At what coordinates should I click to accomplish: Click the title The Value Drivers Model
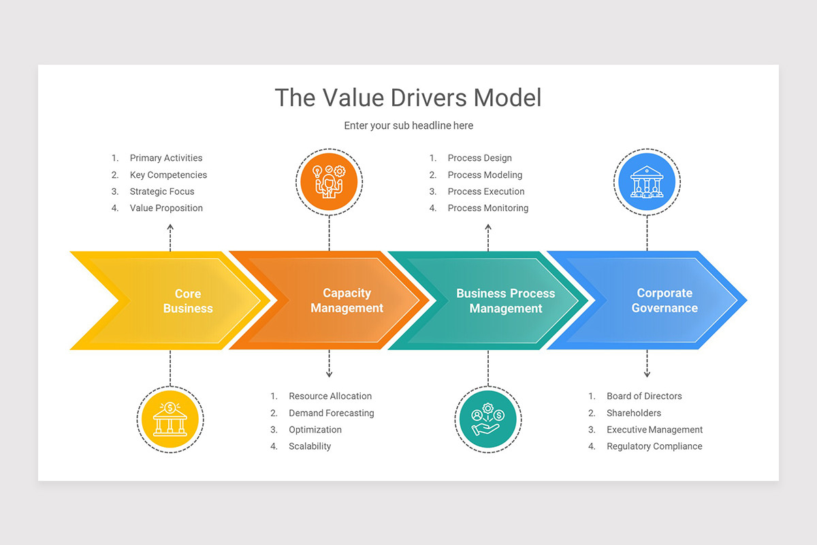[x=408, y=97]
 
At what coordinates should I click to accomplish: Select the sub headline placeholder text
[x=408, y=125]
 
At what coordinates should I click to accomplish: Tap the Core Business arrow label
[x=188, y=300]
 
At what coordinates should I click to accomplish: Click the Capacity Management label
[x=347, y=300]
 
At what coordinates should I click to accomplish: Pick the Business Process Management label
[x=505, y=300]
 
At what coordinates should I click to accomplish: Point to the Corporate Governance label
[x=664, y=300]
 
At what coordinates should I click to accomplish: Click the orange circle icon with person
[x=329, y=181]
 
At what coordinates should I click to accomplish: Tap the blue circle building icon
[x=647, y=181]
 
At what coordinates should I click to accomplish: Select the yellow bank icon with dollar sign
[x=170, y=420]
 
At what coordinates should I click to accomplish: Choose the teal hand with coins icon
[x=487, y=420]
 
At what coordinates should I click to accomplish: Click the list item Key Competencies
[x=168, y=175]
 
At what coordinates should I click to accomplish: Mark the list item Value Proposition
[x=166, y=208]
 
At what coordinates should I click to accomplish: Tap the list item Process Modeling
[x=485, y=175]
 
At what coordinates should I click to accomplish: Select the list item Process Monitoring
[x=487, y=208]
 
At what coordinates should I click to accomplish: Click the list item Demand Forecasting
[x=331, y=413]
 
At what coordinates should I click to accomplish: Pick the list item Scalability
[x=310, y=446]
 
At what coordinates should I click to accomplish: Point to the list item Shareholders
[x=633, y=413]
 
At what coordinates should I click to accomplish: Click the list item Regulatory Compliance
[x=654, y=446]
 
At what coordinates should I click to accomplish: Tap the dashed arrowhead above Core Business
[x=170, y=229]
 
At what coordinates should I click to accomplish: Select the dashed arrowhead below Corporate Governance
[x=647, y=373]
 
